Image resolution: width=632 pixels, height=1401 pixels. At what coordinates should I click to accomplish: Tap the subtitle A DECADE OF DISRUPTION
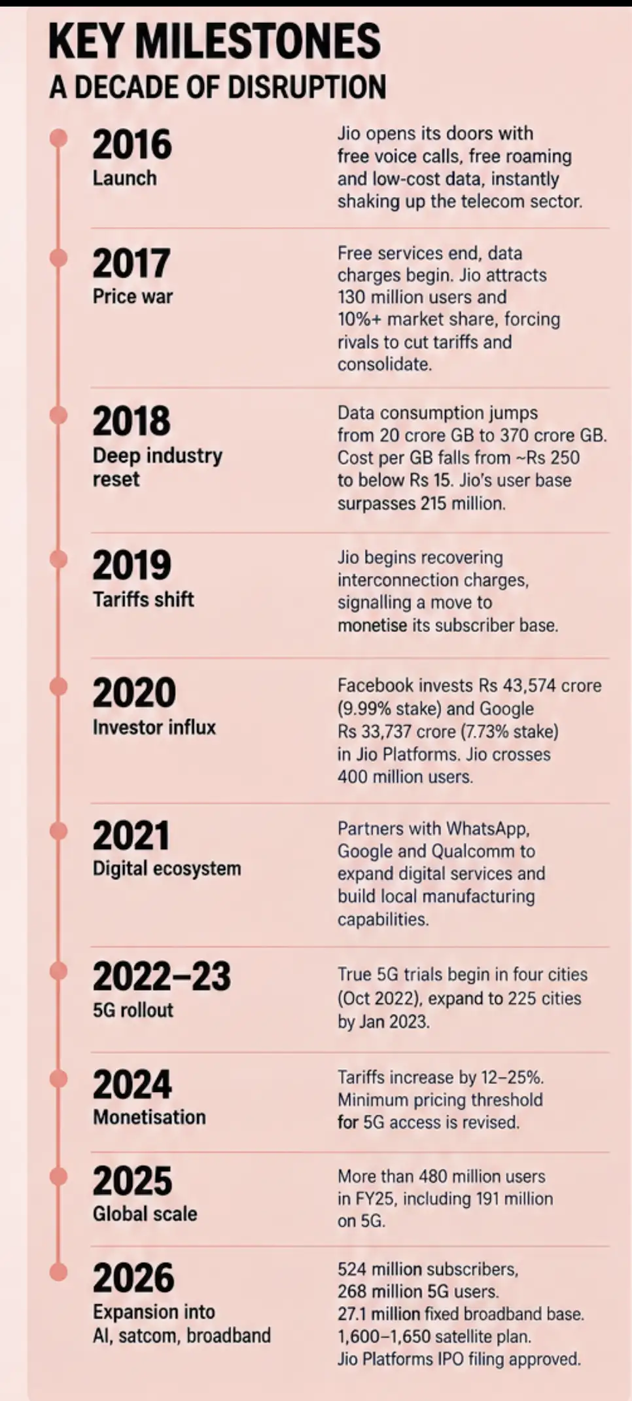tap(218, 87)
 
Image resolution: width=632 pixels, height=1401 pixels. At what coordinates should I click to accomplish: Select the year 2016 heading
tap(132, 145)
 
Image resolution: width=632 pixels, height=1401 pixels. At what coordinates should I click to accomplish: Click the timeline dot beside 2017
tap(59, 258)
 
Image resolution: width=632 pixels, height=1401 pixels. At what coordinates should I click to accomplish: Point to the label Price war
tap(133, 297)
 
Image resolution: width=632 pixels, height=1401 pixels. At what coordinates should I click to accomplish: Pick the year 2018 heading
tap(132, 421)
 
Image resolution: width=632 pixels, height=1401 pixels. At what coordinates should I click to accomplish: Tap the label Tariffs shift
tap(143, 599)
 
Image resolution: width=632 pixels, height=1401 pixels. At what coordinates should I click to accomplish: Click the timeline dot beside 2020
tap(59, 686)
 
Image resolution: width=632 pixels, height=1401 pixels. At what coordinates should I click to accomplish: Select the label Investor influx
tap(154, 727)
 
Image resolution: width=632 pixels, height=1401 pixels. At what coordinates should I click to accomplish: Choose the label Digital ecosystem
tap(167, 869)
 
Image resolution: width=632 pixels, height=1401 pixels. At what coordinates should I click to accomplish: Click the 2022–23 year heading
tap(162, 977)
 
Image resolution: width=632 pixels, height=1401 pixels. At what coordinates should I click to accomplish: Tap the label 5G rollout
tap(133, 1010)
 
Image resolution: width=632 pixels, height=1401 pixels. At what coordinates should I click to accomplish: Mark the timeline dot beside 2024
tap(59, 1079)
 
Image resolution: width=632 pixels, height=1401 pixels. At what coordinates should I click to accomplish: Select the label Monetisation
tap(149, 1117)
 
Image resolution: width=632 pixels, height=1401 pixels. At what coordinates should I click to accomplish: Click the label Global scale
tap(145, 1214)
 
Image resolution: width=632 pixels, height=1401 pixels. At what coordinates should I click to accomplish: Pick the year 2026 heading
tap(133, 1278)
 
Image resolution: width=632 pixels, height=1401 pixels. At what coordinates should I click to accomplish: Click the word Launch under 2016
tap(124, 178)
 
